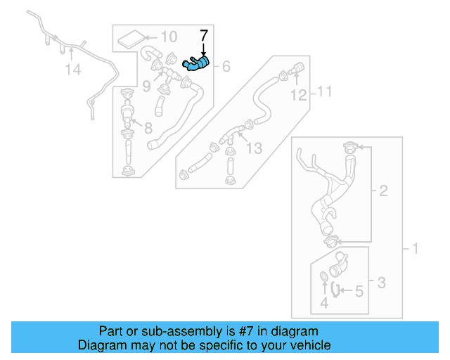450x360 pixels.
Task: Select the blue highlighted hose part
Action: [x=195, y=65]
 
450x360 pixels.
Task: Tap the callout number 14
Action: [x=74, y=69]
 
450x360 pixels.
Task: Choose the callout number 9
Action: [x=146, y=86]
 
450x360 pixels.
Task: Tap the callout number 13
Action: [x=254, y=148]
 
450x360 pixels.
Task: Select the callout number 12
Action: [x=299, y=94]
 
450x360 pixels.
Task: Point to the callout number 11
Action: [x=323, y=91]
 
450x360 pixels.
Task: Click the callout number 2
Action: [x=383, y=190]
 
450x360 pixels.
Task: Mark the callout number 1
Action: [x=414, y=248]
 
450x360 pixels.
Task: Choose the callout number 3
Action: [x=380, y=283]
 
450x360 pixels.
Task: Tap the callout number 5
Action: [x=358, y=290]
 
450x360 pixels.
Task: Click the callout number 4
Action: [x=324, y=304]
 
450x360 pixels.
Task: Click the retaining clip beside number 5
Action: [x=337, y=289]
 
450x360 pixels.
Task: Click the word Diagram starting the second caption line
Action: [x=100, y=345]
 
